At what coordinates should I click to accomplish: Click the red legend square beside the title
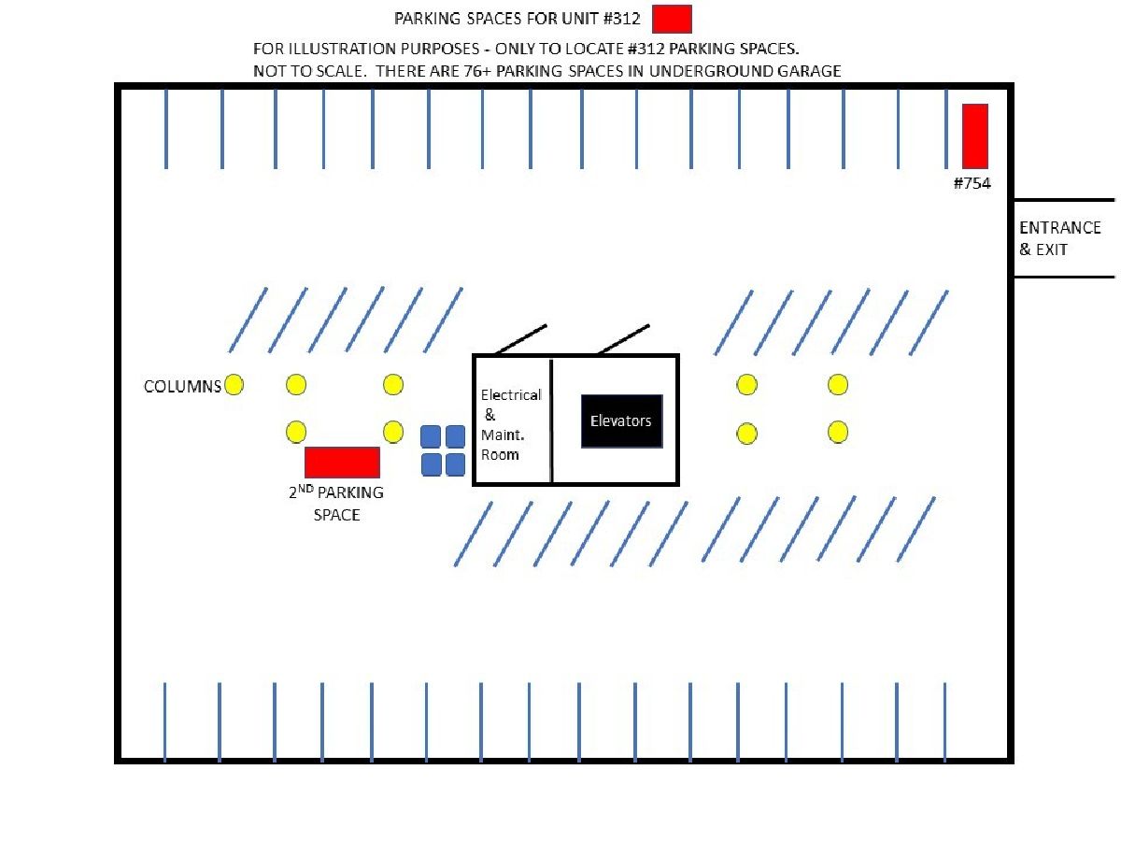(672, 19)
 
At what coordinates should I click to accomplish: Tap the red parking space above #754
(974, 135)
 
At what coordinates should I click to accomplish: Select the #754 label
(972, 183)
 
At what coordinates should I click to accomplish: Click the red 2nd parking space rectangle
(342, 463)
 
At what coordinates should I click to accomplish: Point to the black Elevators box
(621, 420)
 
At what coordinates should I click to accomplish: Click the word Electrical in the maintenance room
(511, 394)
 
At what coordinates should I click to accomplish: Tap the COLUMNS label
(182, 386)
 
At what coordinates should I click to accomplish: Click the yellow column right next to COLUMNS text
(234, 384)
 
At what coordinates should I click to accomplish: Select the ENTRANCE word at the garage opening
(1059, 227)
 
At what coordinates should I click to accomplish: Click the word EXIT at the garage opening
(1052, 249)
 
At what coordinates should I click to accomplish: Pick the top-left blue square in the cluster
(431, 436)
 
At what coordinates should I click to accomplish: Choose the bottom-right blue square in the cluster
(455, 464)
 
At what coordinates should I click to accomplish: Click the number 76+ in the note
(477, 70)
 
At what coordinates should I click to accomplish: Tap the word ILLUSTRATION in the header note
(342, 49)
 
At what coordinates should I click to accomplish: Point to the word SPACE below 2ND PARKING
(336, 515)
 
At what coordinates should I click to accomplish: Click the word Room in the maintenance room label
(500, 454)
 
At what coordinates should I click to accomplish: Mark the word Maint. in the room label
(503, 435)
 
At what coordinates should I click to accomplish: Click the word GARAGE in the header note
(808, 70)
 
